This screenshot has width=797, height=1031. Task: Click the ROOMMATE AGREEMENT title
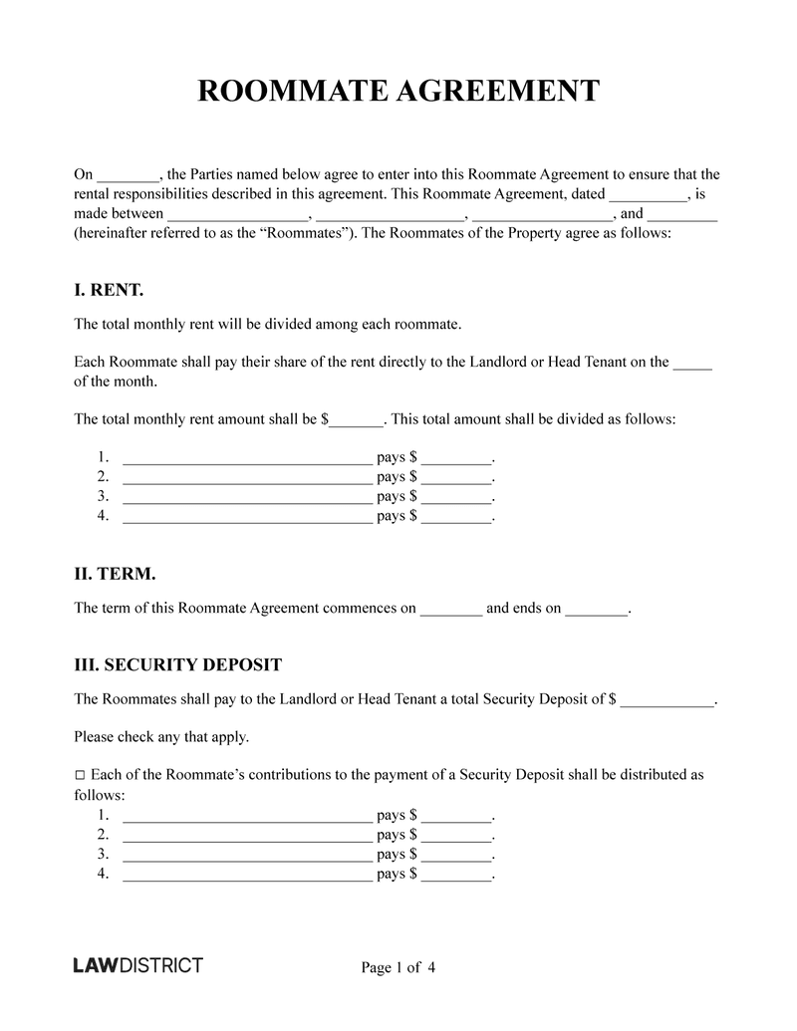(x=398, y=91)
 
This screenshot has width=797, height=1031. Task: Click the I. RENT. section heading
(x=110, y=290)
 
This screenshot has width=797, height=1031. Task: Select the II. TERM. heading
(x=115, y=575)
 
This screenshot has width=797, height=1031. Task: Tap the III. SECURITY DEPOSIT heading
(x=178, y=664)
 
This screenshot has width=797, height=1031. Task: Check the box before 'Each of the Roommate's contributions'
(x=81, y=774)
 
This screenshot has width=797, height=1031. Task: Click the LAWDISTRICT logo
(x=138, y=965)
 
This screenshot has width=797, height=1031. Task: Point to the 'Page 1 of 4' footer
(x=398, y=967)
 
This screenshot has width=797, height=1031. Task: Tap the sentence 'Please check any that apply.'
(x=161, y=737)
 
